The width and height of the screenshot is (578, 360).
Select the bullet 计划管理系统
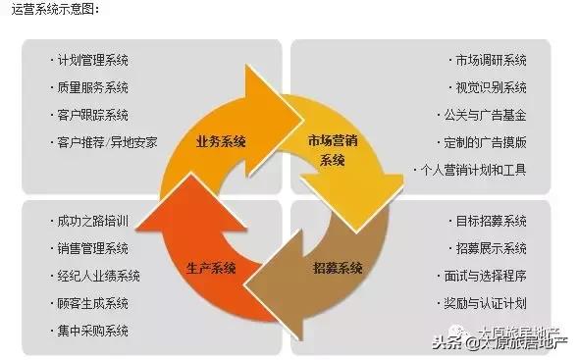pos(92,60)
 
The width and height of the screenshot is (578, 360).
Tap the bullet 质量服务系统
pos(92,87)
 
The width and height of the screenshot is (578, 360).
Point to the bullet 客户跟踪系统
pos(92,115)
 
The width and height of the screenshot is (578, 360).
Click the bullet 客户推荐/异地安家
pos(104,142)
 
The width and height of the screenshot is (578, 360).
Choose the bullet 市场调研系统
pos(491,60)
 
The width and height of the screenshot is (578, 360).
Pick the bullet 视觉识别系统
pos(491,87)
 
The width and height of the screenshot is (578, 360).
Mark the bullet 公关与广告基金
pos(485,115)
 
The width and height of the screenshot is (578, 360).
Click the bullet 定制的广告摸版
pos(485,142)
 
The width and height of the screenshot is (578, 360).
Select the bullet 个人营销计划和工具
pos(473,170)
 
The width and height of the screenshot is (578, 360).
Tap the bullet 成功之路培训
pos(92,220)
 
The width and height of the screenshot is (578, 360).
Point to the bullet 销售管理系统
pos(92,247)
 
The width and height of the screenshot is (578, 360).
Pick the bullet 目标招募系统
pos(491,220)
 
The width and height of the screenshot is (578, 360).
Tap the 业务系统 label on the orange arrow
pos(220,139)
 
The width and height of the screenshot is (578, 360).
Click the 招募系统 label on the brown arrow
pos(339,268)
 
